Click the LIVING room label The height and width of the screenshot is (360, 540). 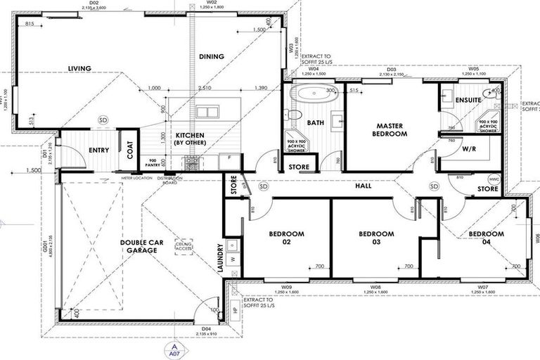80,68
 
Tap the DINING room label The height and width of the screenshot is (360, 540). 211,56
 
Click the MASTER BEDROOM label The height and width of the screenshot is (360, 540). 388,129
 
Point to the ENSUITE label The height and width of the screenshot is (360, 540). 468,100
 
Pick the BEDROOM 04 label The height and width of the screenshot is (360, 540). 487,238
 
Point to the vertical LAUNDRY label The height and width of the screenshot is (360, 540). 220,258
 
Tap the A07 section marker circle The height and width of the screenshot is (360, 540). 171,351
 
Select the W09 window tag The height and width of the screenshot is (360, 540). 286,287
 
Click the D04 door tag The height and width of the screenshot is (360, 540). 207,328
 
